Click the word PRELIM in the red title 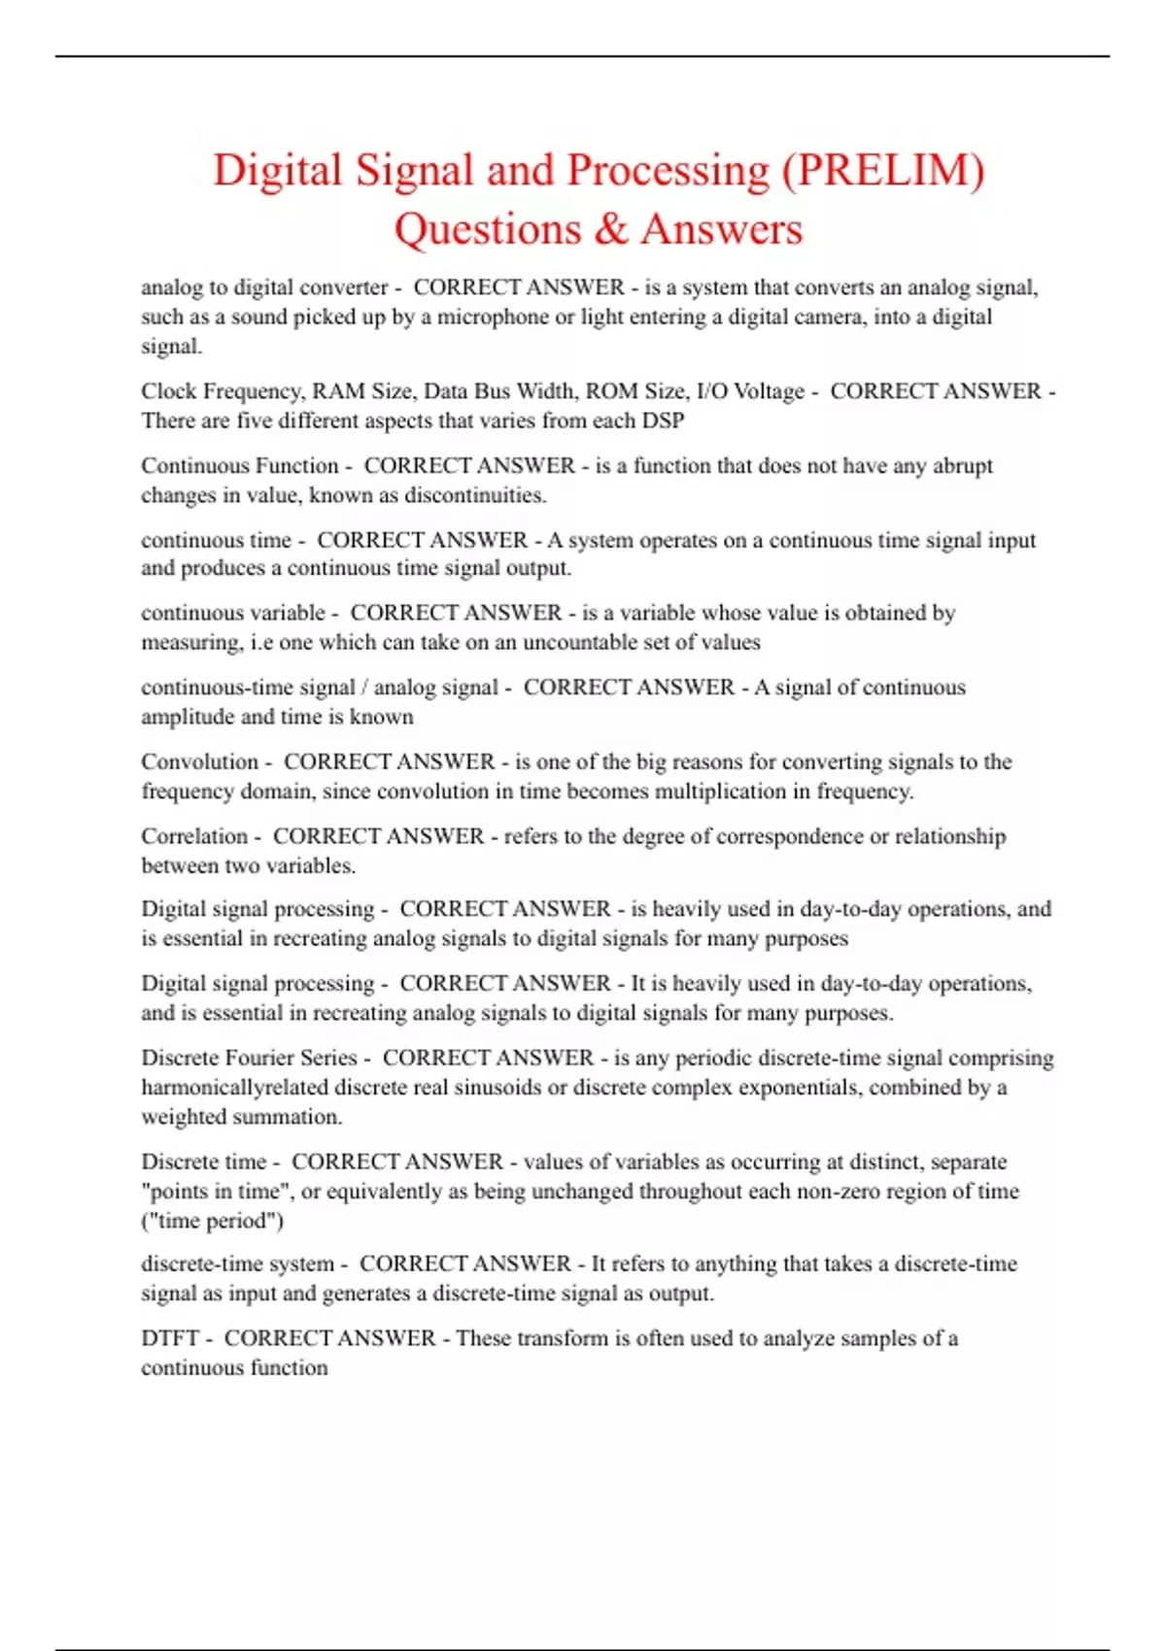(x=882, y=171)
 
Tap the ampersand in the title (x=611, y=230)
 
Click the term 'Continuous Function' (x=240, y=466)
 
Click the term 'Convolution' (x=199, y=762)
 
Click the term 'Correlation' (x=194, y=836)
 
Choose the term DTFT (x=170, y=1338)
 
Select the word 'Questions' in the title (x=487, y=230)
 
